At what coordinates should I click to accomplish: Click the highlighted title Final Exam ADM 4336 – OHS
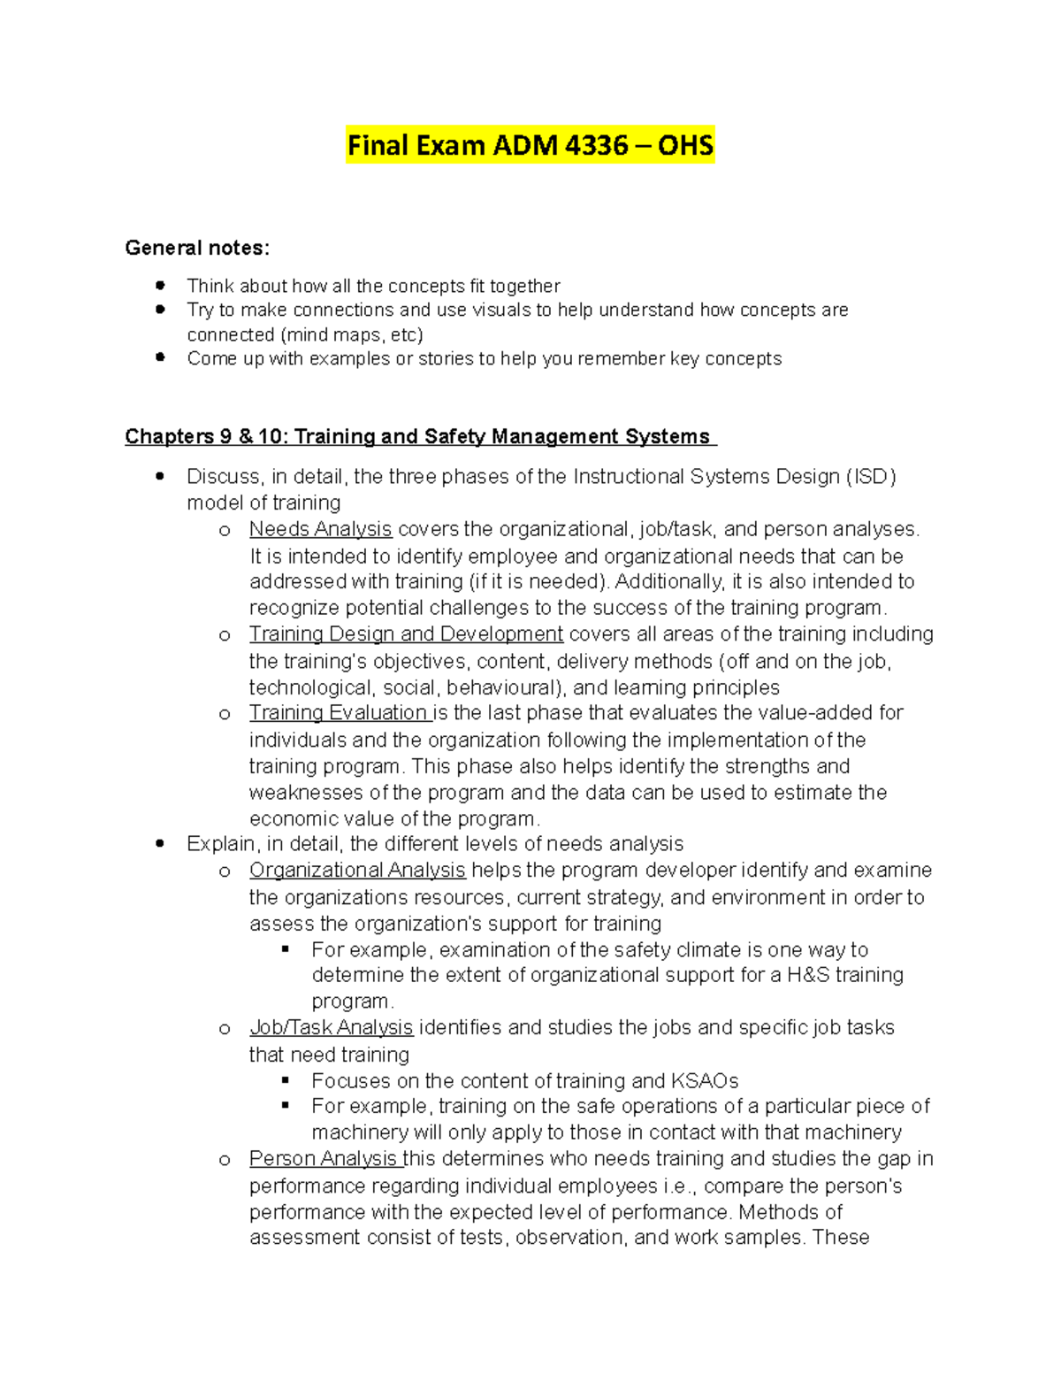pos(530,145)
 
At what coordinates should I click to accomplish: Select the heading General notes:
pos(197,248)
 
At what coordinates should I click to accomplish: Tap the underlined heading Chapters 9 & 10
pos(420,437)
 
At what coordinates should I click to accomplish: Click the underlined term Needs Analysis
pos(320,529)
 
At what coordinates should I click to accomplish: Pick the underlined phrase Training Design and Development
pos(406,634)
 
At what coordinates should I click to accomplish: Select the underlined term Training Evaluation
pos(339,713)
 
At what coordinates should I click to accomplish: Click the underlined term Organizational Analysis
pos(357,871)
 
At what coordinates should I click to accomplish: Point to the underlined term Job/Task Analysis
pos(331,1028)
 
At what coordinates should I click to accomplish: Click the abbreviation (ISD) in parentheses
pos(871,477)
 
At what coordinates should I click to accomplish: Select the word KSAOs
pos(705,1081)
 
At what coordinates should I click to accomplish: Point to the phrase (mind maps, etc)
pos(351,335)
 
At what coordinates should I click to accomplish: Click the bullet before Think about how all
pos(160,285)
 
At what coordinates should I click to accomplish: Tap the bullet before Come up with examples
pos(160,357)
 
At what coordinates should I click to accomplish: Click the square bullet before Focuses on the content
pos(286,1080)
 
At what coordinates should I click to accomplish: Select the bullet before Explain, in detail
pos(160,844)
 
